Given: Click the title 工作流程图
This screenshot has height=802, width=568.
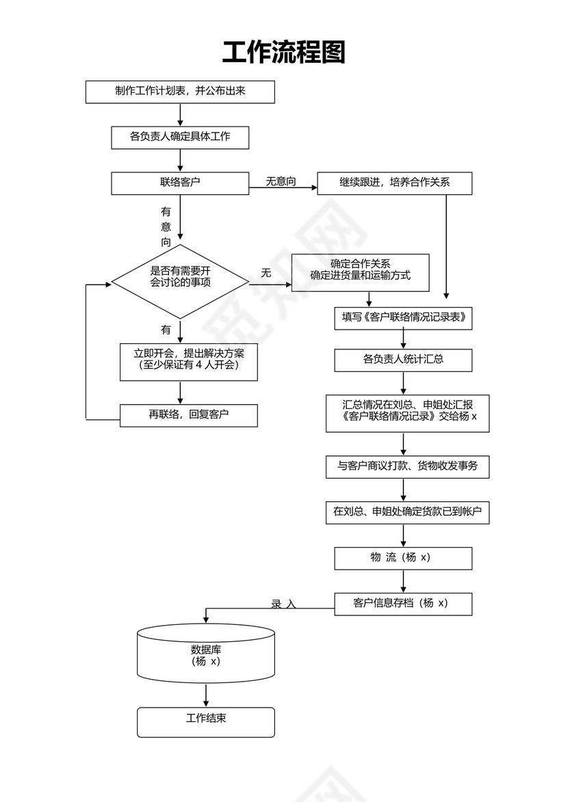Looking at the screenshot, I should (x=283, y=53).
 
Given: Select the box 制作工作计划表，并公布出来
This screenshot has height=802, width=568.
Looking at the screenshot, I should (x=180, y=92).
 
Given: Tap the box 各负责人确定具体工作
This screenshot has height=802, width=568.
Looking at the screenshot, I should (x=180, y=137).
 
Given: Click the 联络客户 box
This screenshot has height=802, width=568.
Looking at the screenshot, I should (x=180, y=183).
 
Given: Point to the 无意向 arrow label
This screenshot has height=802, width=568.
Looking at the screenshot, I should (x=281, y=181).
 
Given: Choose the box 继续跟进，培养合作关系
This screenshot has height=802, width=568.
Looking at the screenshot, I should (x=394, y=183).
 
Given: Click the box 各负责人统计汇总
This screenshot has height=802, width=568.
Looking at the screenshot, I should (x=403, y=360).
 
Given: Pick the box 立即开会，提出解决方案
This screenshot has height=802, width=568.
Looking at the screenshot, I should (x=189, y=361).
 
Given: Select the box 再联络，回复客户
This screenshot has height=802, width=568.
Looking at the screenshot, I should (x=189, y=415).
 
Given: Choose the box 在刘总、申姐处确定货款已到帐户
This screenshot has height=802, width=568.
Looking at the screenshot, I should (x=407, y=512).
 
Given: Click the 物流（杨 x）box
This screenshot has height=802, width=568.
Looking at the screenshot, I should (x=403, y=558).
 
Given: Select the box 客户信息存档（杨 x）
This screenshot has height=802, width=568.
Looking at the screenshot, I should (x=403, y=604).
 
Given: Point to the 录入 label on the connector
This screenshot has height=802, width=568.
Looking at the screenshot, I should (x=283, y=604).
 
